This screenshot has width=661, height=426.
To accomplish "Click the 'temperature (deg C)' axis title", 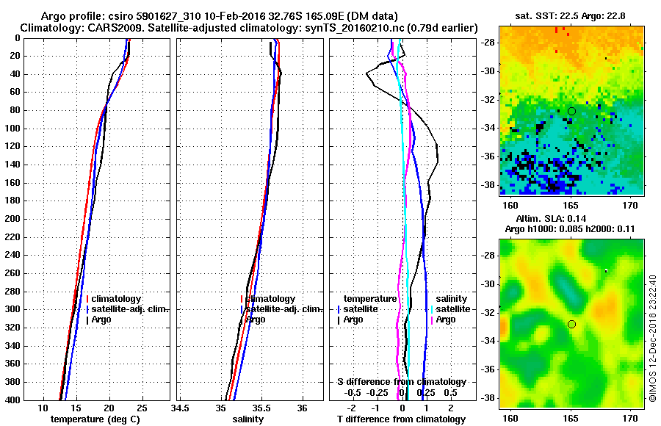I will click(x=94, y=419).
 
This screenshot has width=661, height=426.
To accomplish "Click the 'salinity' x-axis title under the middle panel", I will click(x=249, y=419).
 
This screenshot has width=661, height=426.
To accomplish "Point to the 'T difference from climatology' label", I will click(x=402, y=419).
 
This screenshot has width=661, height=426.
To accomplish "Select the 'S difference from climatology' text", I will click(x=402, y=382).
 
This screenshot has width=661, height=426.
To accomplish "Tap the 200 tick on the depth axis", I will click(x=12, y=219).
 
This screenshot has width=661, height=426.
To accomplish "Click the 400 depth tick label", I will click(x=12, y=400).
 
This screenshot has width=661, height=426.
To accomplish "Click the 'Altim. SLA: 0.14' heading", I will click(x=571, y=220).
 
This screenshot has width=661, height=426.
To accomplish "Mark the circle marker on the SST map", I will click(x=571, y=111).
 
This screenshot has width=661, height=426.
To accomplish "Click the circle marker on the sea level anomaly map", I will click(x=571, y=324).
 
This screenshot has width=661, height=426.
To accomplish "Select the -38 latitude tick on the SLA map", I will click(x=488, y=398).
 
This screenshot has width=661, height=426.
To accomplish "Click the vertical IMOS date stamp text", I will click(x=652, y=338).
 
